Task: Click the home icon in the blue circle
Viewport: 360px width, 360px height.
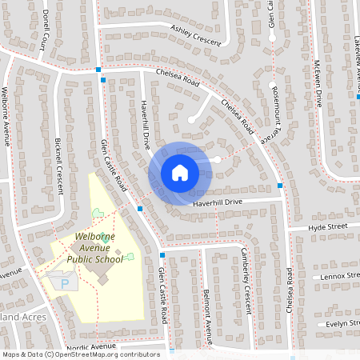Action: (180, 172)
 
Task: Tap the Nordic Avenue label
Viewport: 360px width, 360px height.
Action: (92, 346)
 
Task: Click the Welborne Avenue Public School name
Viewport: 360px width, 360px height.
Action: (95, 247)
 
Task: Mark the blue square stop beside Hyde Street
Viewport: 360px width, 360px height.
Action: (280, 186)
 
